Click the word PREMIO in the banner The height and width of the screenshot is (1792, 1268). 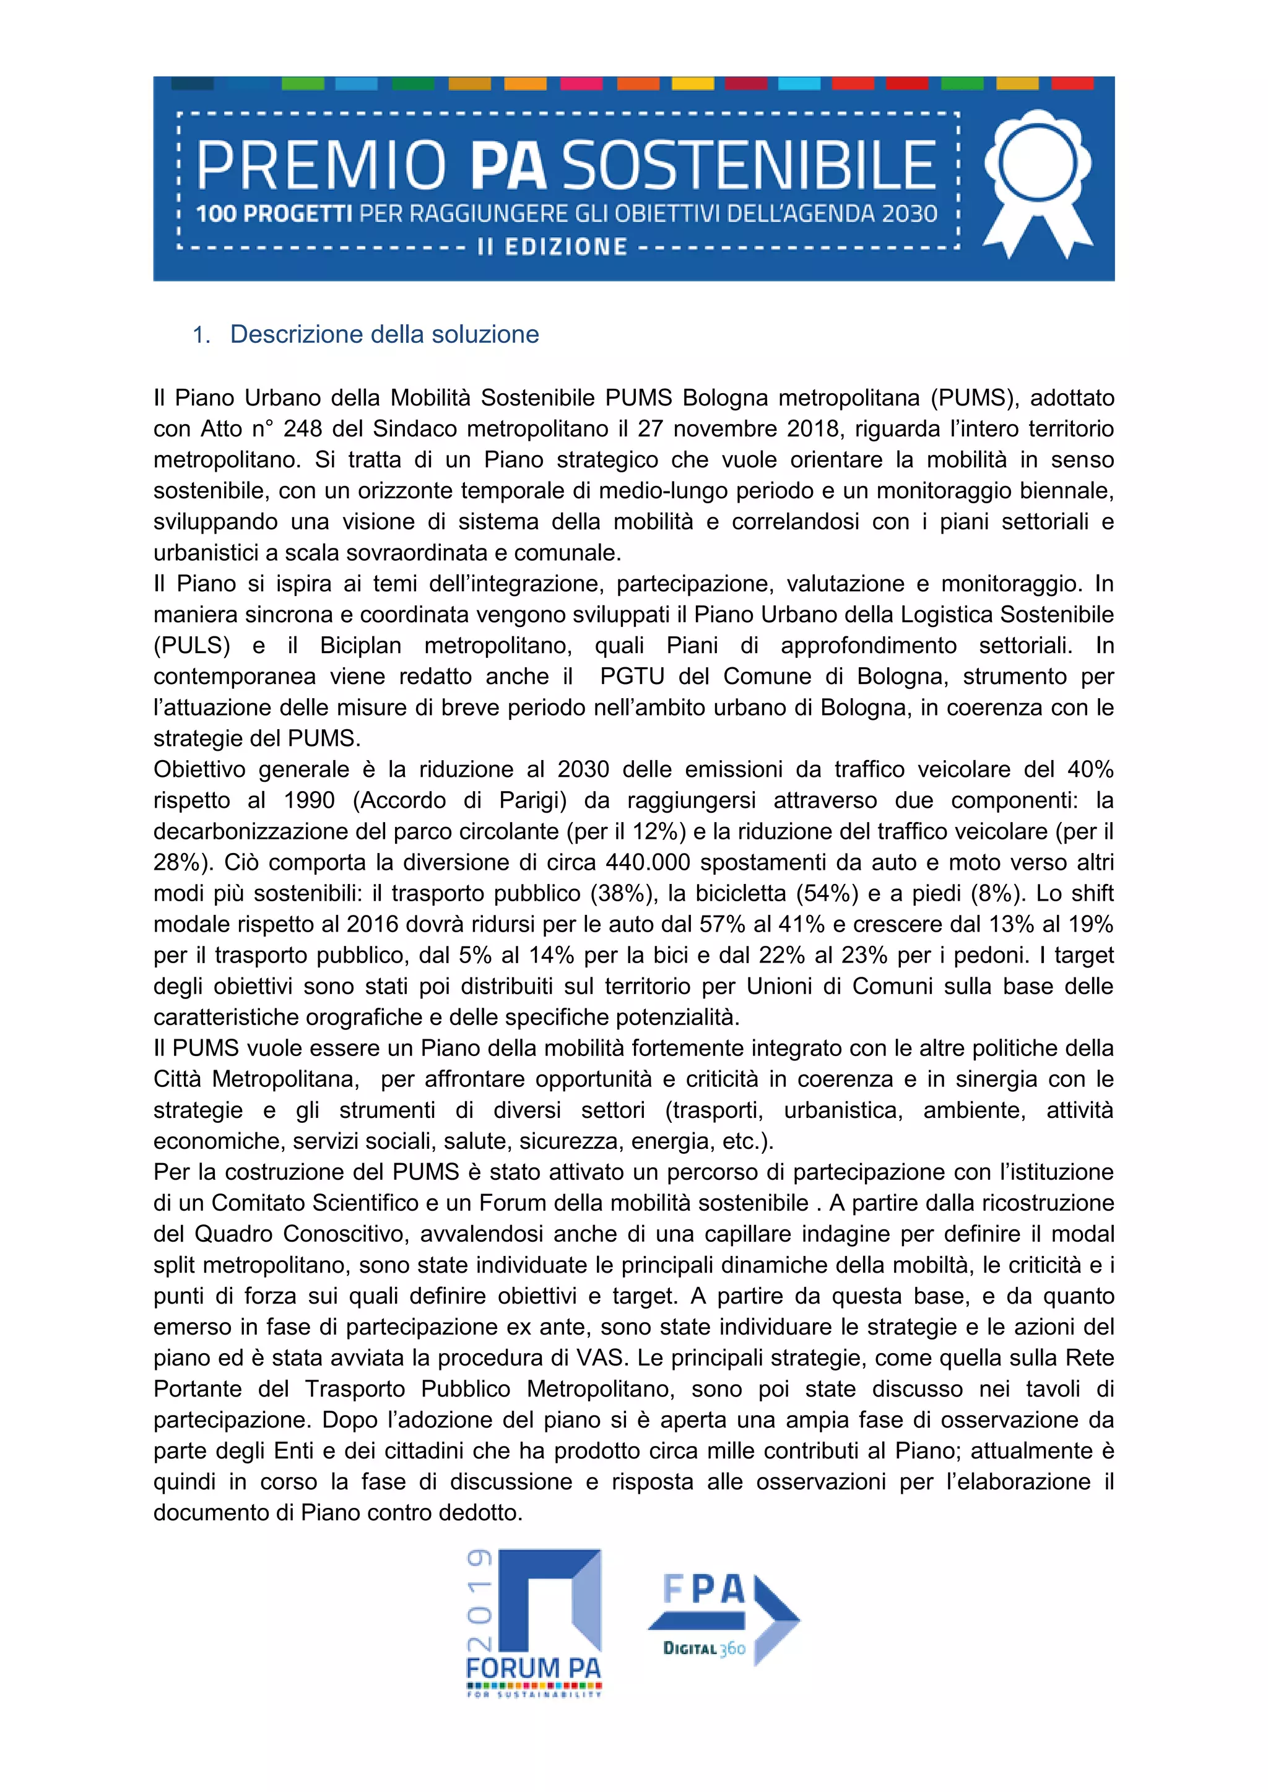[320, 165]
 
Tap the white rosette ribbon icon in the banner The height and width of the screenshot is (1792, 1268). [1037, 181]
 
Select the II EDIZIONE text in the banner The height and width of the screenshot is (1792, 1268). [552, 248]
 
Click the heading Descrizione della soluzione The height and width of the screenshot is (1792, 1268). [384, 334]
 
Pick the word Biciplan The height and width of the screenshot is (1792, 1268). [361, 646]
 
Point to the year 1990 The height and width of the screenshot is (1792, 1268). [309, 800]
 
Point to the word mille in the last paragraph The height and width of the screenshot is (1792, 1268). [732, 1450]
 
